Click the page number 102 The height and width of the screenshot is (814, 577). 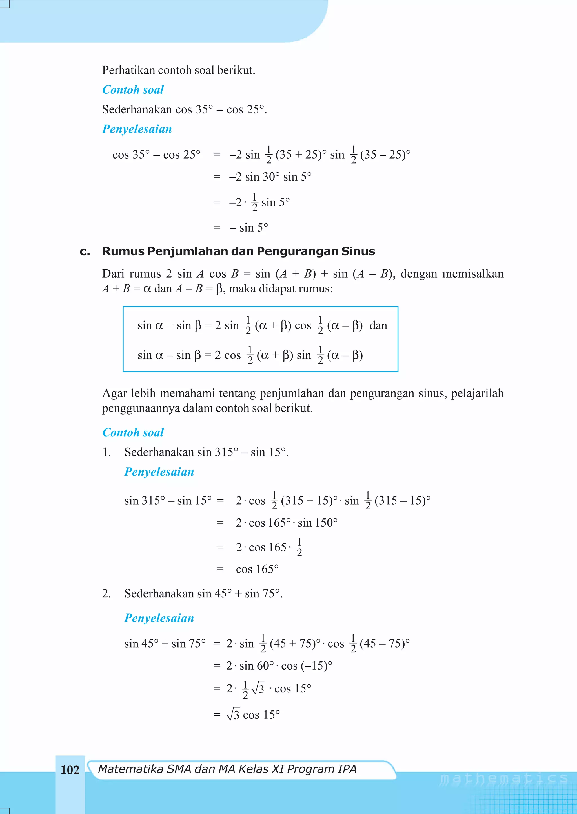click(x=70, y=770)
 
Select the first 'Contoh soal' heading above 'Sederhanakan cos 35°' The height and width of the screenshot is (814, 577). click(x=133, y=90)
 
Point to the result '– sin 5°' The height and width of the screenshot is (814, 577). click(x=249, y=228)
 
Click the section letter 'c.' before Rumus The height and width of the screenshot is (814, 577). click(x=85, y=251)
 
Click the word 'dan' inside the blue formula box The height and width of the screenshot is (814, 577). click(x=378, y=325)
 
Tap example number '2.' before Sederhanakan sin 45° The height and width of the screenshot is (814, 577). click(x=106, y=593)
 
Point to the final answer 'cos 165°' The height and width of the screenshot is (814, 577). click(x=257, y=569)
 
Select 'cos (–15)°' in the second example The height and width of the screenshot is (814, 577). click(x=307, y=666)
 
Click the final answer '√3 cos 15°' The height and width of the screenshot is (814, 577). click(x=253, y=714)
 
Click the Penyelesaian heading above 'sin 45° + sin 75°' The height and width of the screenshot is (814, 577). click(x=159, y=618)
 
